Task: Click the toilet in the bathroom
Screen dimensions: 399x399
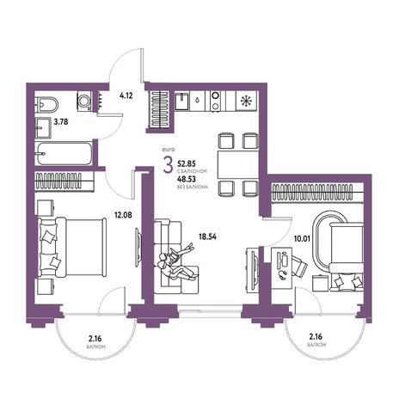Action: click(46, 105)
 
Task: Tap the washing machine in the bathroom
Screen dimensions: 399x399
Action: click(84, 101)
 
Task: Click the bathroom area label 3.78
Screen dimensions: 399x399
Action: click(61, 122)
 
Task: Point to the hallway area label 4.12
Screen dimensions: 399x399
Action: click(126, 95)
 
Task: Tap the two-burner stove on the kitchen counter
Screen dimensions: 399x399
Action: click(216, 101)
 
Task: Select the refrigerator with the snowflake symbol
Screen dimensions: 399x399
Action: click(246, 101)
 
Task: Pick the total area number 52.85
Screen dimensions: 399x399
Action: click(187, 163)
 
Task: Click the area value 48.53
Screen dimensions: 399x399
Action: click(187, 180)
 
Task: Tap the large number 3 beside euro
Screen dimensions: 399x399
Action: click(168, 165)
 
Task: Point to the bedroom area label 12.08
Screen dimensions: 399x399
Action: click(123, 214)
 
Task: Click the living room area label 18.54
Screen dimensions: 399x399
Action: click(207, 236)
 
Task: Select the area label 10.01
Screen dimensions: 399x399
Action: click(302, 238)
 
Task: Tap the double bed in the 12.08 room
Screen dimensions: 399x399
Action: click(71, 248)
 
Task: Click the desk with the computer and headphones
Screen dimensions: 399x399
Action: click(282, 269)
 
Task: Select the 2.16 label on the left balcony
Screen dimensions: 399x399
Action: click(95, 339)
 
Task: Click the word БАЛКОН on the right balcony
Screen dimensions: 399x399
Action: click(316, 345)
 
